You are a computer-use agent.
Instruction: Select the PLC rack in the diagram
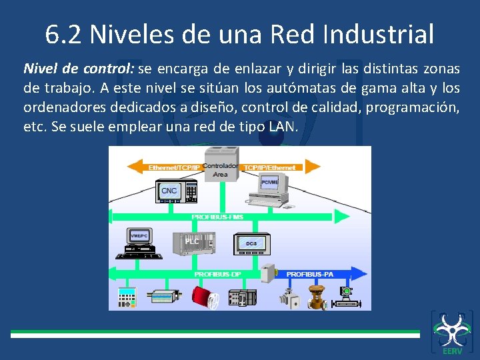[192, 241]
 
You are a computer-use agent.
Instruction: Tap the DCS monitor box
[251, 244]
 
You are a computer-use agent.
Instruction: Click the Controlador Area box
[220, 169]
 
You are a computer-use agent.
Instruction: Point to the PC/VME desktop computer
[269, 187]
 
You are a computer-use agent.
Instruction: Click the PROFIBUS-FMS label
[217, 217]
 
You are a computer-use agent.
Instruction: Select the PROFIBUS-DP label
[217, 274]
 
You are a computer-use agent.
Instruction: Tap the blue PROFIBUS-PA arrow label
[309, 274]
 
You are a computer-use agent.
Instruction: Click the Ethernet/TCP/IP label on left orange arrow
[173, 167]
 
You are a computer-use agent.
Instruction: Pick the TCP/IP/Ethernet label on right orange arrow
[270, 167]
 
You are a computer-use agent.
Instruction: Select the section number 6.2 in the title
[65, 33]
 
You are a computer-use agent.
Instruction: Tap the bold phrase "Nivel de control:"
[79, 69]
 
